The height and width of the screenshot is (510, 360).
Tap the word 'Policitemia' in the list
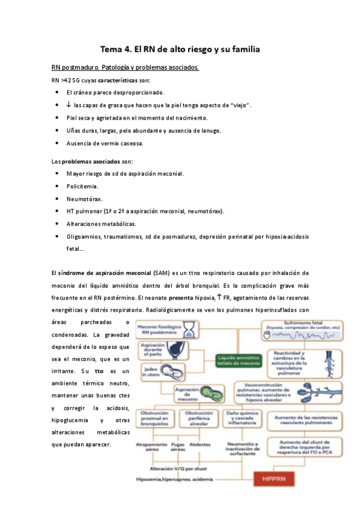pos(82,186)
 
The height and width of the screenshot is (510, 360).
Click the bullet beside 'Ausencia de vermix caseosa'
pos(56,143)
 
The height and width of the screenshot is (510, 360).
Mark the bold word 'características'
pos(115,80)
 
